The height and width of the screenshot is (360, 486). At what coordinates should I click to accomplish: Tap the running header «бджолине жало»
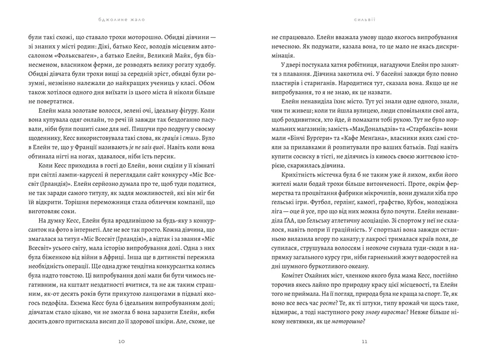coord(121,19)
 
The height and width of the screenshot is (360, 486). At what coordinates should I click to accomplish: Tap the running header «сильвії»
coord(364,19)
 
